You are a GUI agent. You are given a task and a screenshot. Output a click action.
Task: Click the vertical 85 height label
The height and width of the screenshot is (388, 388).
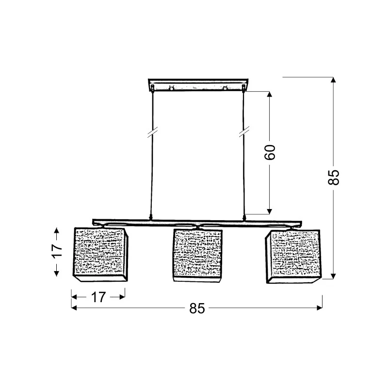pyautogui.click(x=334, y=177)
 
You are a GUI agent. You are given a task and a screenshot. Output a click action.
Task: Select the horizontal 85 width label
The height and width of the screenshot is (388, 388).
pyautogui.click(x=197, y=308)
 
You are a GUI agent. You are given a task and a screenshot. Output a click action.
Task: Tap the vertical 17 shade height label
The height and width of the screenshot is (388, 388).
pyautogui.click(x=57, y=251)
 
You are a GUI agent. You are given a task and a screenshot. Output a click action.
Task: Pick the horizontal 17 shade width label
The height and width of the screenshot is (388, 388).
pyautogui.click(x=98, y=297)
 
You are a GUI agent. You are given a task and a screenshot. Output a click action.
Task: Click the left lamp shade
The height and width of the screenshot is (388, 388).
pyautogui.click(x=100, y=255)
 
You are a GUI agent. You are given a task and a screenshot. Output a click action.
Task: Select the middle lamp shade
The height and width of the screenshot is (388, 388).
pyautogui.click(x=197, y=256)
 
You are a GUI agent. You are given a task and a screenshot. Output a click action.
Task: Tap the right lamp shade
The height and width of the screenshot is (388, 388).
pyautogui.click(x=293, y=257)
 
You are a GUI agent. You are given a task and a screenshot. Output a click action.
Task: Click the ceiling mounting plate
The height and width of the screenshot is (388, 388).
pyautogui.click(x=198, y=85)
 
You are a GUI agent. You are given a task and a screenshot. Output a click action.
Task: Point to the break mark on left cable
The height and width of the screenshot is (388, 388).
pyautogui.click(x=153, y=132)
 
